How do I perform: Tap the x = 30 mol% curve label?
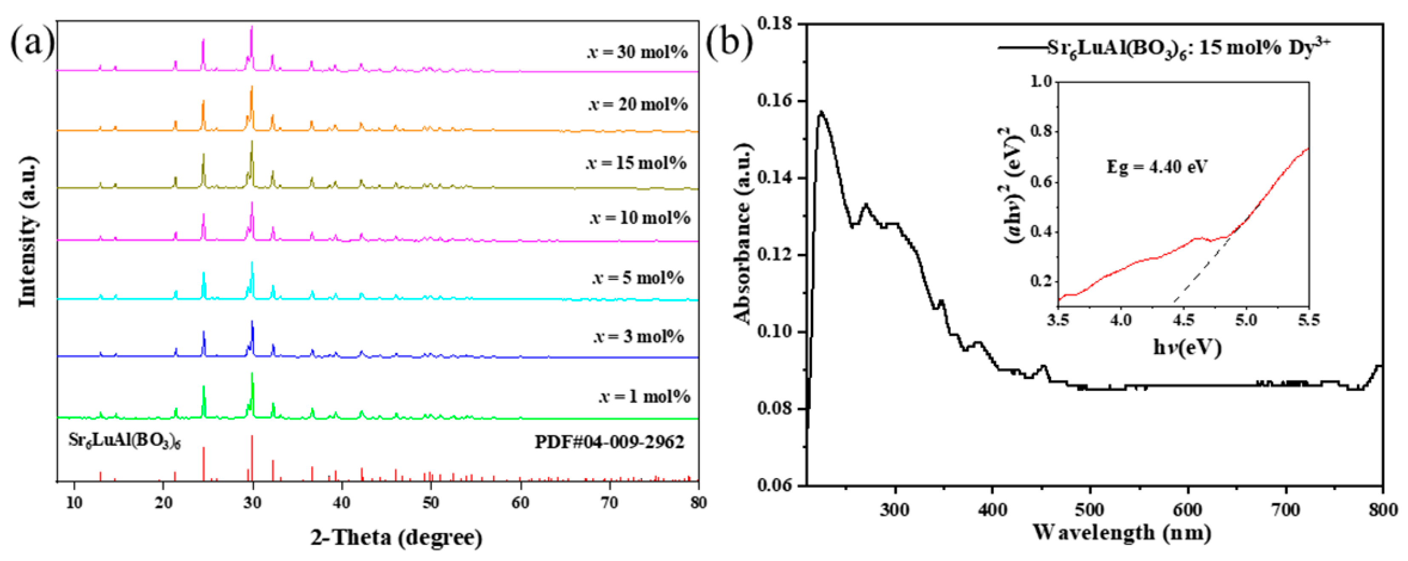click(x=637, y=52)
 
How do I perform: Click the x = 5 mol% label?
click(x=638, y=278)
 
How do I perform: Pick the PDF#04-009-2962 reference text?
click(x=609, y=442)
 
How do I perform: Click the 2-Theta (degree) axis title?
click(x=397, y=538)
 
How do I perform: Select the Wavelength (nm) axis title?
click(x=1122, y=532)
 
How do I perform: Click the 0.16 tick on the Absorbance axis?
click(x=775, y=101)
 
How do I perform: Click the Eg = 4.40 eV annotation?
click(x=1157, y=167)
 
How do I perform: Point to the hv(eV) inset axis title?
click(x=1187, y=347)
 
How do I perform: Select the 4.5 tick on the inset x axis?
click(x=1183, y=319)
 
